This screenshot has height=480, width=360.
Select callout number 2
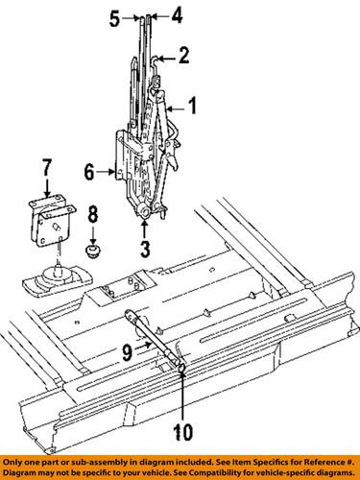click(x=184, y=57)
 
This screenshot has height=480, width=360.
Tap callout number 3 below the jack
click(x=144, y=251)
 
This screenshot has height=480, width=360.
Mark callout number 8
click(x=93, y=211)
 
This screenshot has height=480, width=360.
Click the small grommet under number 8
click(x=94, y=252)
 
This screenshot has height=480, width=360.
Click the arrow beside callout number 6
click(x=107, y=173)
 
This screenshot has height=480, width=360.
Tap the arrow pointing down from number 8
click(x=93, y=230)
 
